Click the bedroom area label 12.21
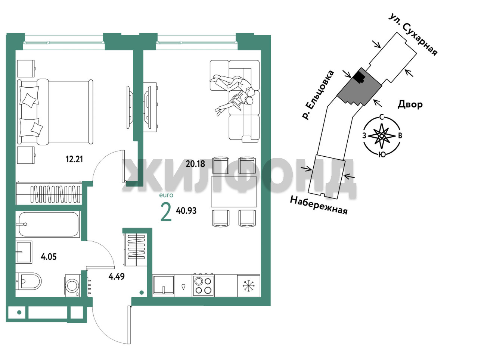coord(74,159)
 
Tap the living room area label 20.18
coord(195,164)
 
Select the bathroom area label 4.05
coord(49,257)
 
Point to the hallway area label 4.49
coord(117,276)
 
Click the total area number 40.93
coord(186,210)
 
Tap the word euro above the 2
coord(166,195)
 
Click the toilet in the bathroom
coord(29,281)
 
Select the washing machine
coord(73,285)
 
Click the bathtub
coord(48,224)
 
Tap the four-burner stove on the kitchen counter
coord(203,285)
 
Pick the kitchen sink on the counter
coord(164,285)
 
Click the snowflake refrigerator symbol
coord(249,286)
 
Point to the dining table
coord(234,192)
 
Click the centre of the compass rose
coord(382,136)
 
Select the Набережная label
coord(319,205)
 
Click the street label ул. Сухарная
coord(413,35)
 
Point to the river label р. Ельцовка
coord(318,95)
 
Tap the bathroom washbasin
coord(24,252)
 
